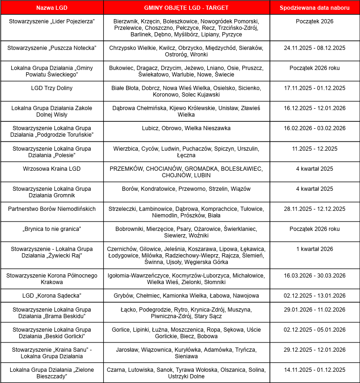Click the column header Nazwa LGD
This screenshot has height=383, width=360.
pos(51,8)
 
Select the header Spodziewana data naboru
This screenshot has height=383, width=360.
pos(314,8)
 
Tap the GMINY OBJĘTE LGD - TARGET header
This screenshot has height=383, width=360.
pos(186,8)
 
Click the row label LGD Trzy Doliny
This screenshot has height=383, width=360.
pos(51,88)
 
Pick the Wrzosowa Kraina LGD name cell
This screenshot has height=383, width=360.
pos(51,168)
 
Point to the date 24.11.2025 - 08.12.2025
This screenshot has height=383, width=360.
pos(314,48)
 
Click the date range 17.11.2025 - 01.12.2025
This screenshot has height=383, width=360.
pos(314,88)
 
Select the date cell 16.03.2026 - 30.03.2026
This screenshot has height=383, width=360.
pos(314,276)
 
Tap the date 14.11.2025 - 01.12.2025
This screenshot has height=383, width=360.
pos(314,370)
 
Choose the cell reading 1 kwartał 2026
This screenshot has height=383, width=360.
pos(314,249)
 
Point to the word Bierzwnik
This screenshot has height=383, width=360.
pos(127,21)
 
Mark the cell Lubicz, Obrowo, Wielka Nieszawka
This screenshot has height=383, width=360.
pos(186,128)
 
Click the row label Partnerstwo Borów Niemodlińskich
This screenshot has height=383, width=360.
pos(51,209)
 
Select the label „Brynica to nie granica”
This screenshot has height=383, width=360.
pos(51,229)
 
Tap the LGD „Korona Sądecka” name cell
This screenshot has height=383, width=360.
pos(51,296)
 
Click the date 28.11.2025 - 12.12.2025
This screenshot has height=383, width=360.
pos(314,209)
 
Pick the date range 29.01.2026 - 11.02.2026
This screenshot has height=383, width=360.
pos(314,309)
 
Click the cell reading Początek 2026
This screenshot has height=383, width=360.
pos(314,21)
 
